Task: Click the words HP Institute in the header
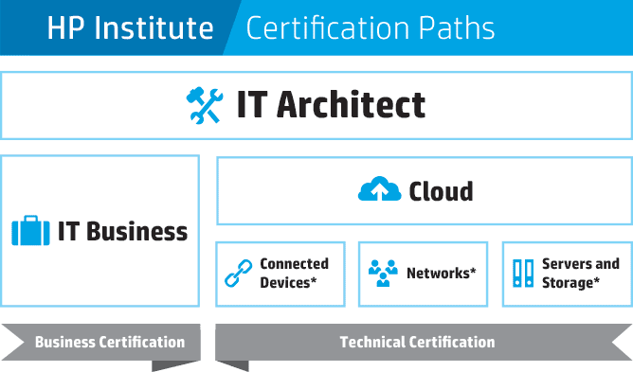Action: click(130, 27)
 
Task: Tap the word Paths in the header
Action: click(456, 27)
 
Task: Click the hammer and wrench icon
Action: click(205, 105)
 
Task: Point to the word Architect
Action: click(351, 104)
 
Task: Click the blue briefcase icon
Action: click(30, 230)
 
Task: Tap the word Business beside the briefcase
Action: click(136, 231)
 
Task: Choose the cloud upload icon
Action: click(379, 188)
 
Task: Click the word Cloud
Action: click(441, 191)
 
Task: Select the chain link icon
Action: click(238, 274)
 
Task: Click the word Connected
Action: click(295, 263)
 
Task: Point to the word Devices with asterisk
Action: click(288, 282)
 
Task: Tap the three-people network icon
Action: click(383, 274)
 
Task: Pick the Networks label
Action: click(442, 274)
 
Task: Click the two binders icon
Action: click(523, 274)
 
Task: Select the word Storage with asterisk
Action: click(570, 282)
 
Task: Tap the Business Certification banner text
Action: click(110, 342)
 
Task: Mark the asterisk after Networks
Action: click(473, 270)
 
